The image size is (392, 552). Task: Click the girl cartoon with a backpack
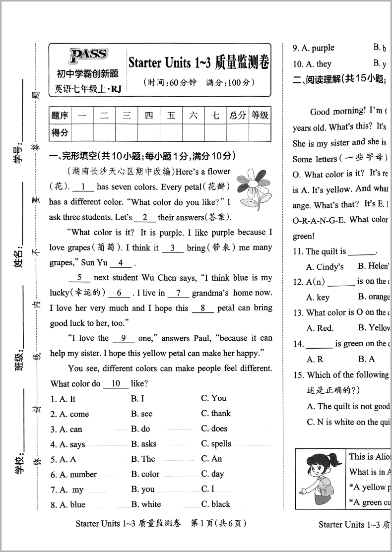(x=320, y=479)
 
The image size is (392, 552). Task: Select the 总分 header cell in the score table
(x=237, y=116)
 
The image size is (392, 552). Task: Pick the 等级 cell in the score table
(x=260, y=116)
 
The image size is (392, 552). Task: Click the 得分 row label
(x=60, y=132)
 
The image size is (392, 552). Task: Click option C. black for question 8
(x=216, y=504)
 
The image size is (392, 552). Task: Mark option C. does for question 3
(x=214, y=429)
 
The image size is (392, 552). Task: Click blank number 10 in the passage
(x=116, y=384)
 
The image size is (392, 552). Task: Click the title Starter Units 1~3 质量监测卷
(x=199, y=62)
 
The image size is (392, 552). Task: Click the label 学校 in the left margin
(x=20, y=462)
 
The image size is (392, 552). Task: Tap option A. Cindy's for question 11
(x=325, y=267)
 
